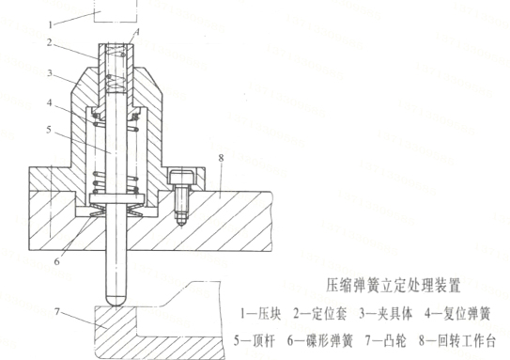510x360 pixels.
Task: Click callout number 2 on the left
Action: (x=55, y=43)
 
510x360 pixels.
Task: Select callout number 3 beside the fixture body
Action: (x=55, y=71)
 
